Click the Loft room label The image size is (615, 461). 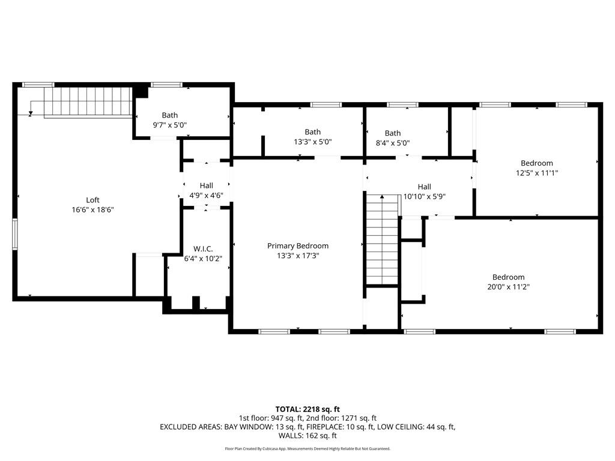coord(92,200)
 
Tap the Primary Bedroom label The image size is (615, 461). coord(298,246)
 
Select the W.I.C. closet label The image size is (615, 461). coord(203,249)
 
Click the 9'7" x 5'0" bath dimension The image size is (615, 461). coord(170,125)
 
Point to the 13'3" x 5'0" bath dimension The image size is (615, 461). coord(312,142)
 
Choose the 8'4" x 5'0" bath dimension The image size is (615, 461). coord(393,143)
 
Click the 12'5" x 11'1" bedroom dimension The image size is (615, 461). coord(537,173)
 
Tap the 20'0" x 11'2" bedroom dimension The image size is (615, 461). coord(508,287)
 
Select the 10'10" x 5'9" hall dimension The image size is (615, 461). coord(424,196)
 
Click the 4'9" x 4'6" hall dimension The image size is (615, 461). coord(206,196)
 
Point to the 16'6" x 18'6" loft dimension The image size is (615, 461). coord(92,210)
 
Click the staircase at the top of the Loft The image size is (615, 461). coord(90,101)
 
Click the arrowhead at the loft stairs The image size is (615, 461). coord(30,113)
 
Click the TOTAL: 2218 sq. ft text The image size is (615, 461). coord(307,409)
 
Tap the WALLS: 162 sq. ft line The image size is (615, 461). coord(307,436)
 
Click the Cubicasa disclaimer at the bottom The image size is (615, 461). coord(307,448)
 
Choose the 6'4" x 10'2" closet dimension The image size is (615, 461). coord(203,259)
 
